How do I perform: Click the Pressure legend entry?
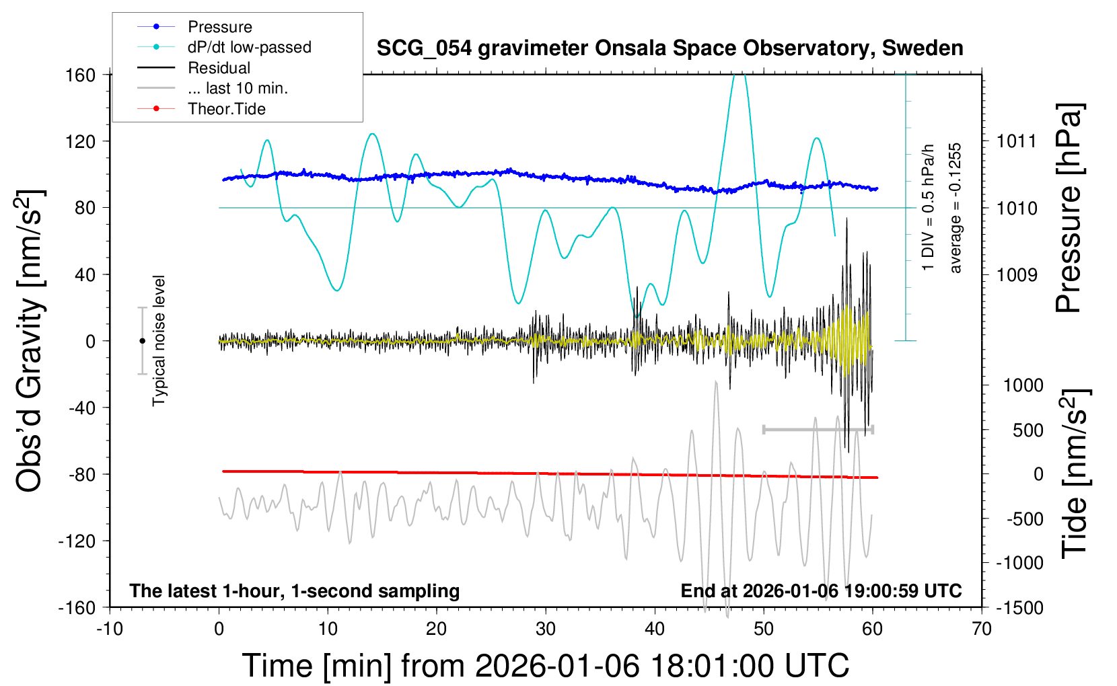(219, 27)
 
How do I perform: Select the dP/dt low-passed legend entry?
(249, 47)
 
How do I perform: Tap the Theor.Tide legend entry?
(226, 109)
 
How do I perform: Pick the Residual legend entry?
(219, 68)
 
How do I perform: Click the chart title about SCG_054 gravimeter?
(670, 48)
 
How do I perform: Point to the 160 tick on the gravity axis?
(81, 75)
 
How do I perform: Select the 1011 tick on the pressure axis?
(1017, 141)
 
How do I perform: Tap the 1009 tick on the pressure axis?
(1017, 274)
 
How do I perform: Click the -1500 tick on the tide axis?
(1019, 608)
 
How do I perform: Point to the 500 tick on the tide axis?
(1028, 430)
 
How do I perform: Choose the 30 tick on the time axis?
(546, 630)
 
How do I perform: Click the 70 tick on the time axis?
(982, 630)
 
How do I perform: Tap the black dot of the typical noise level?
(142, 341)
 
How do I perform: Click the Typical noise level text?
(159, 341)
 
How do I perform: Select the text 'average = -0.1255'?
(956, 208)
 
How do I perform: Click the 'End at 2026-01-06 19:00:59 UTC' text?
(821, 591)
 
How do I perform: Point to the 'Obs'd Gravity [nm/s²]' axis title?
(30, 341)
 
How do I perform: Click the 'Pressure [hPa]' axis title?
(1069, 208)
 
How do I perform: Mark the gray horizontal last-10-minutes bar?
(818, 429)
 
